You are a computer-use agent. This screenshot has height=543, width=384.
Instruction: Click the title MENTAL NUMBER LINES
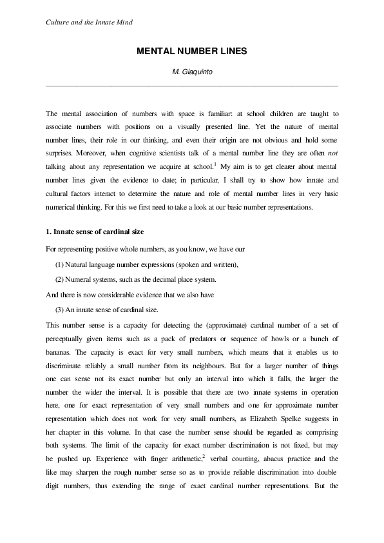(191, 50)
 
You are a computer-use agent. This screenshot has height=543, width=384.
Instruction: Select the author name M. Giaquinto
(191, 72)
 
